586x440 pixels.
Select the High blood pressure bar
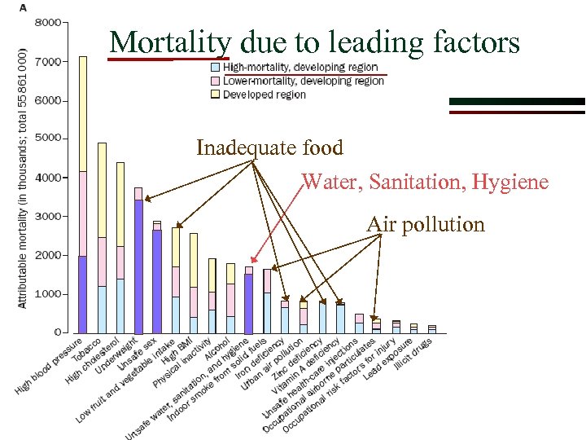click(83, 196)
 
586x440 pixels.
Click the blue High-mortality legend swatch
click(215, 67)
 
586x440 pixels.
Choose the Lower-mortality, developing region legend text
click(303, 81)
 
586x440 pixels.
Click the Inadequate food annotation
click(269, 147)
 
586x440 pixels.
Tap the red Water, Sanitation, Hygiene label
click(425, 182)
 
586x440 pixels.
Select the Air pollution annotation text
click(425, 224)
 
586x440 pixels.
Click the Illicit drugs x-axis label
click(413, 354)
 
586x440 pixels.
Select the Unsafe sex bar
click(157, 277)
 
